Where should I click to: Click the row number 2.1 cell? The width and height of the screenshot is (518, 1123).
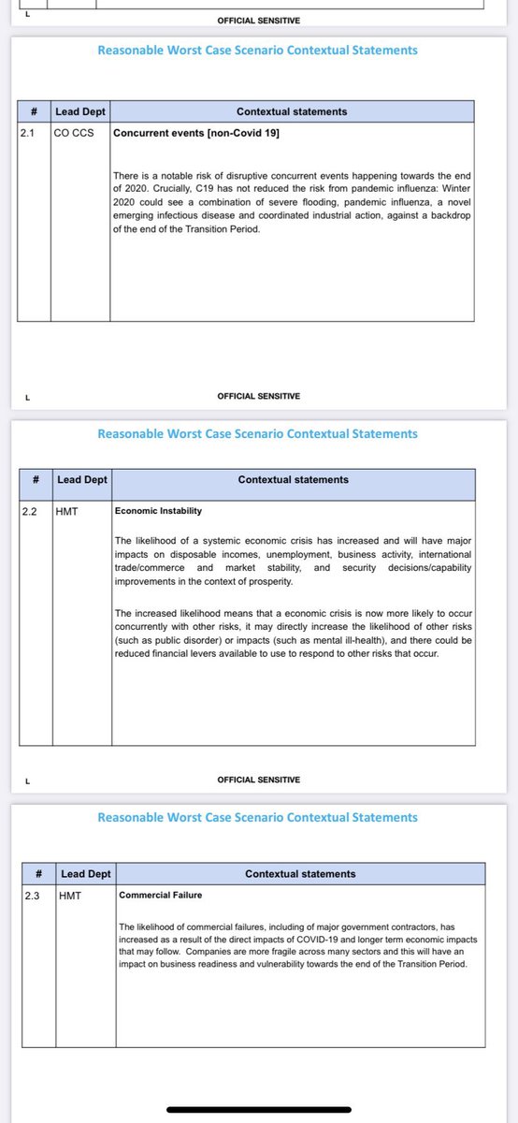click(26, 133)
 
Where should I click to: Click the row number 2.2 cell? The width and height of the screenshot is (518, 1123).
click(30, 512)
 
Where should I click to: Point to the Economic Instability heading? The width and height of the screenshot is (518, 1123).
click(158, 511)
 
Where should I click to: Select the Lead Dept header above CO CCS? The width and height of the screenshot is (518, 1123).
click(79, 111)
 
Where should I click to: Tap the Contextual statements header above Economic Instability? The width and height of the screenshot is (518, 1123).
click(293, 479)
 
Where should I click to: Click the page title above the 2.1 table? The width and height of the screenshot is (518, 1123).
click(257, 51)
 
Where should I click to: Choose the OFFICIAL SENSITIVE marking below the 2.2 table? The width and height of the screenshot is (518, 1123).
click(258, 780)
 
